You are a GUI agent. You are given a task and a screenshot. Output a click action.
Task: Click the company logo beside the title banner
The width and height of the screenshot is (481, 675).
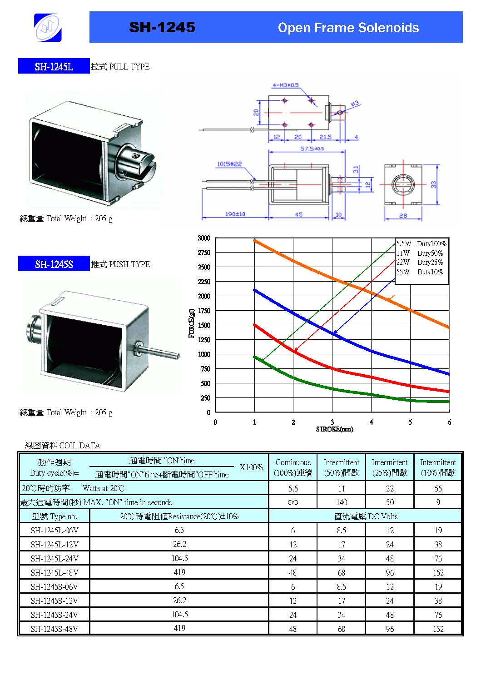click(48, 27)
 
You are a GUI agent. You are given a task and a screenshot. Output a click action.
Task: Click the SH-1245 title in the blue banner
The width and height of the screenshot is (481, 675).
click(162, 27)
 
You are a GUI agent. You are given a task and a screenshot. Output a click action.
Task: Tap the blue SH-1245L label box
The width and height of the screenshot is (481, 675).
click(54, 66)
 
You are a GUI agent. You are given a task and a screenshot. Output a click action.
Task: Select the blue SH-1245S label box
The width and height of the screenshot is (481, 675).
click(54, 263)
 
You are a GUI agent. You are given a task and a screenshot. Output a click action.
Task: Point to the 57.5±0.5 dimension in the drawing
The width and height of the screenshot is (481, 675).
click(312, 148)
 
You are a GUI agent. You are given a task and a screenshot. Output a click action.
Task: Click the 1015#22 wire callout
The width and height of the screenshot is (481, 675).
click(229, 164)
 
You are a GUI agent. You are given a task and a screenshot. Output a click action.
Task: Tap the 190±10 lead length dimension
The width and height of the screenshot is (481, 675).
click(235, 214)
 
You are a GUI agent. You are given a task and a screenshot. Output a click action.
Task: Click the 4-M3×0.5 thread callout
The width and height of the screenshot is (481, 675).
click(285, 85)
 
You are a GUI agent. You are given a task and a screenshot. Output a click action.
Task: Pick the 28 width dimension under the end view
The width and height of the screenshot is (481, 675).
click(403, 215)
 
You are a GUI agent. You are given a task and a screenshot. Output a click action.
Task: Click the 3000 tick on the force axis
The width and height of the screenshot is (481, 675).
click(204, 238)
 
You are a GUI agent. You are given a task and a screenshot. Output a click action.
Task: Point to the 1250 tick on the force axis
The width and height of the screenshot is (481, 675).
click(204, 340)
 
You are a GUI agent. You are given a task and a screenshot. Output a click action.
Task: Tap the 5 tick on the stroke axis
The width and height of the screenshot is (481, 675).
click(410, 422)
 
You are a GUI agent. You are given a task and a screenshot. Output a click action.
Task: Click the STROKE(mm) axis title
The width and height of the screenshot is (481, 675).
click(335, 429)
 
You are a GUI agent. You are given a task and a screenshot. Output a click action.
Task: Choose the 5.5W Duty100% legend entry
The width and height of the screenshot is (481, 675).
click(421, 243)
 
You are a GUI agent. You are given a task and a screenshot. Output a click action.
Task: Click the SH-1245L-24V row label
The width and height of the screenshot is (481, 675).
click(55, 558)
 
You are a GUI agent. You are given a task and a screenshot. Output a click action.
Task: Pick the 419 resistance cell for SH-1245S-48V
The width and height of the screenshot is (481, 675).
click(179, 628)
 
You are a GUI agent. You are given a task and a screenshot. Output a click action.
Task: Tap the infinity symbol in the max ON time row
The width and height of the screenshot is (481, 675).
click(293, 502)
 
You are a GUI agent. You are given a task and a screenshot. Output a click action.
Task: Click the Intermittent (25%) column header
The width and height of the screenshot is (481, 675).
click(390, 467)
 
